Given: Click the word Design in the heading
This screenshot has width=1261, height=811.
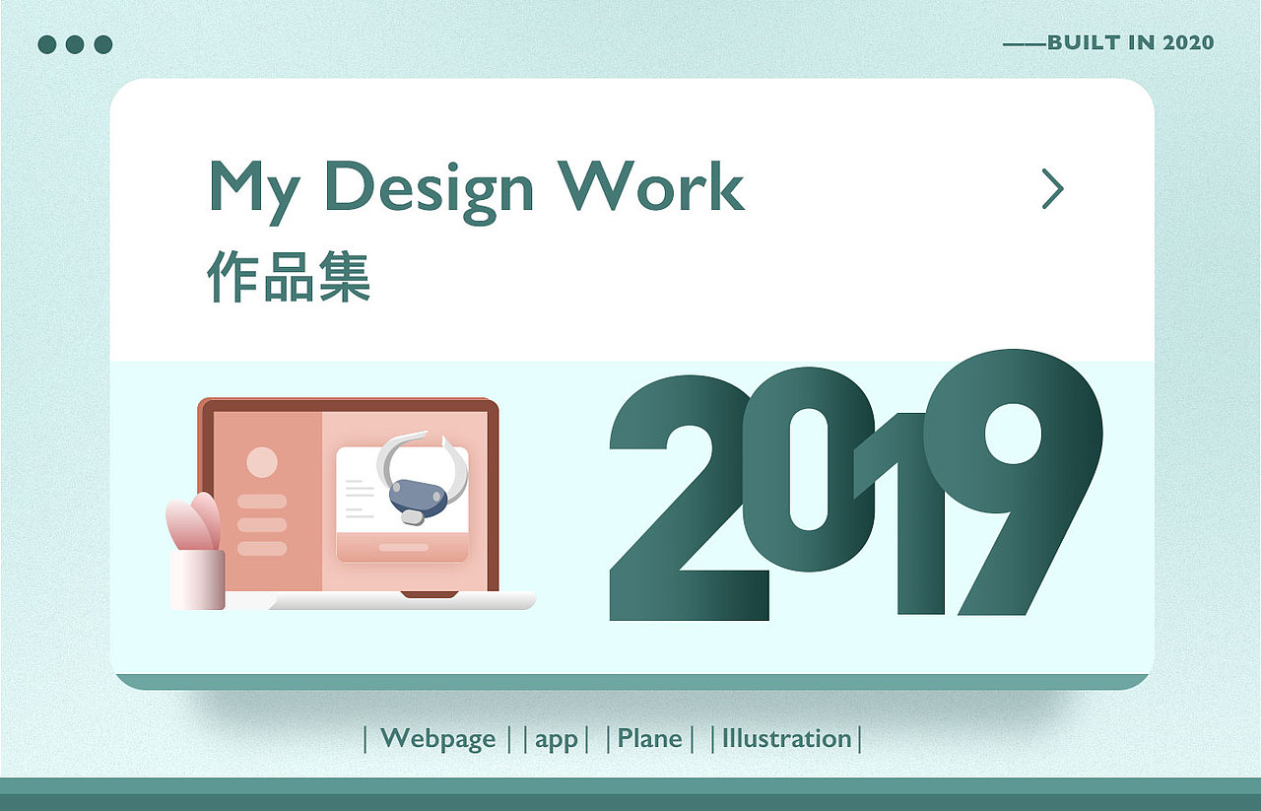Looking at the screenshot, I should pos(429,187).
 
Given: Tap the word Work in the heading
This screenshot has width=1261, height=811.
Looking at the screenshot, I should pos(651,185).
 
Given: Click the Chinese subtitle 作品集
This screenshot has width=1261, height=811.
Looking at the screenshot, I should pos(289,276).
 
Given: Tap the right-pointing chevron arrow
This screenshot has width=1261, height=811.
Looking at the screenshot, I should pos(1053,188).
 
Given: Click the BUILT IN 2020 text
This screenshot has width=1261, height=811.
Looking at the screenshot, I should pos(1130,42).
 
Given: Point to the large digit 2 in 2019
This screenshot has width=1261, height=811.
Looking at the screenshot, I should pos(680,512).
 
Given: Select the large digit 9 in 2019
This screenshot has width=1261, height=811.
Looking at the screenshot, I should pos(1015,463).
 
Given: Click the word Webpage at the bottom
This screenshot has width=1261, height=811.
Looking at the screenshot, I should pos(437,738).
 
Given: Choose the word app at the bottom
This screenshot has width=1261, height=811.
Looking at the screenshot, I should pos(557,739).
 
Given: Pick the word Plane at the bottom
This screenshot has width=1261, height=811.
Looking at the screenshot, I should pos(649,738).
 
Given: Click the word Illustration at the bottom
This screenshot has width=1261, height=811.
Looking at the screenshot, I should pos(786,738).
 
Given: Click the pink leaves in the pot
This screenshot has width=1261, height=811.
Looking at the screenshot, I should pos(194,522).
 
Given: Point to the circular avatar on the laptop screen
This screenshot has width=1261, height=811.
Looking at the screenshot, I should pos(262,462).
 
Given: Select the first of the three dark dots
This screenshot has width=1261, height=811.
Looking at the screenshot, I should pos(47,44).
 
